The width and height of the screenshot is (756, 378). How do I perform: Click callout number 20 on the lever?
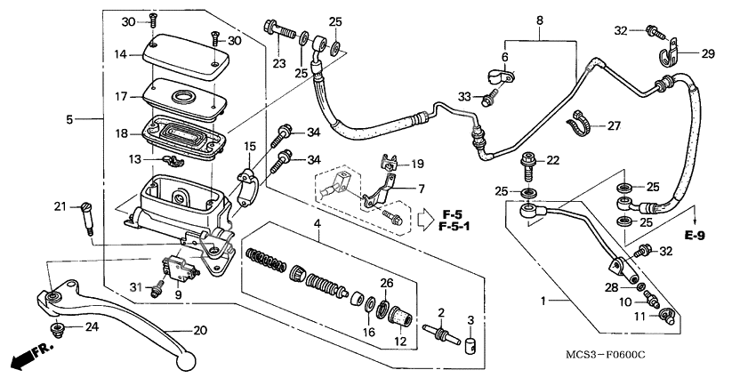tap(200, 330)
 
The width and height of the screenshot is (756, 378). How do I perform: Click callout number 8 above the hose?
tap(539, 20)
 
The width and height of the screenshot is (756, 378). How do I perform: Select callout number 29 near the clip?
tap(708, 54)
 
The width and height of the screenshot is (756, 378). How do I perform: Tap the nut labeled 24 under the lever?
tap(59, 330)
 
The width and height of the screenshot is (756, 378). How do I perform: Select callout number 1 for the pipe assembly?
tap(544, 302)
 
